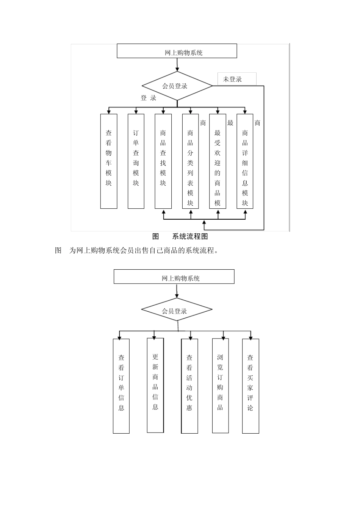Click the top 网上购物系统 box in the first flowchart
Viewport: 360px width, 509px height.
(x=177, y=51)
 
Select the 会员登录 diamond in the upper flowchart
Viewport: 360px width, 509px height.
(x=177, y=86)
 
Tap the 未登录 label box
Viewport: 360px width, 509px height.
(x=236, y=79)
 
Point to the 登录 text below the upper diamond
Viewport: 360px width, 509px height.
(x=149, y=98)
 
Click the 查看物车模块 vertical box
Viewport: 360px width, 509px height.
(x=109, y=161)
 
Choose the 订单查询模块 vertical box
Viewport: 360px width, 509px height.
(x=136, y=161)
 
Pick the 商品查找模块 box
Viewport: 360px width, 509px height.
(x=163, y=161)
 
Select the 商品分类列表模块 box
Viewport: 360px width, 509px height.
(x=191, y=161)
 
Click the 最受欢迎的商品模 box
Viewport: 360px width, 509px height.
(x=218, y=161)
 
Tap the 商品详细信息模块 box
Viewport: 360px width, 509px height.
(x=245, y=161)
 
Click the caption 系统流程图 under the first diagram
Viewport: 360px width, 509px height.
(x=190, y=237)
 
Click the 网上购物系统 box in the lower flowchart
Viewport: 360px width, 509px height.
(x=174, y=277)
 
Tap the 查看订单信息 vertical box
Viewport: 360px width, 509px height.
(x=121, y=386)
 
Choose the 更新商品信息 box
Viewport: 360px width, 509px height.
(x=155, y=385)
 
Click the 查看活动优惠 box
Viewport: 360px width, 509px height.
(x=189, y=386)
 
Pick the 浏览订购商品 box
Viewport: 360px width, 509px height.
(x=220, y=385)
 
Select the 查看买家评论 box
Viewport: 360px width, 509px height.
(x=250, y=386)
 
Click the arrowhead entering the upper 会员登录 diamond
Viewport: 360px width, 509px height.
(x=177, y=70)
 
